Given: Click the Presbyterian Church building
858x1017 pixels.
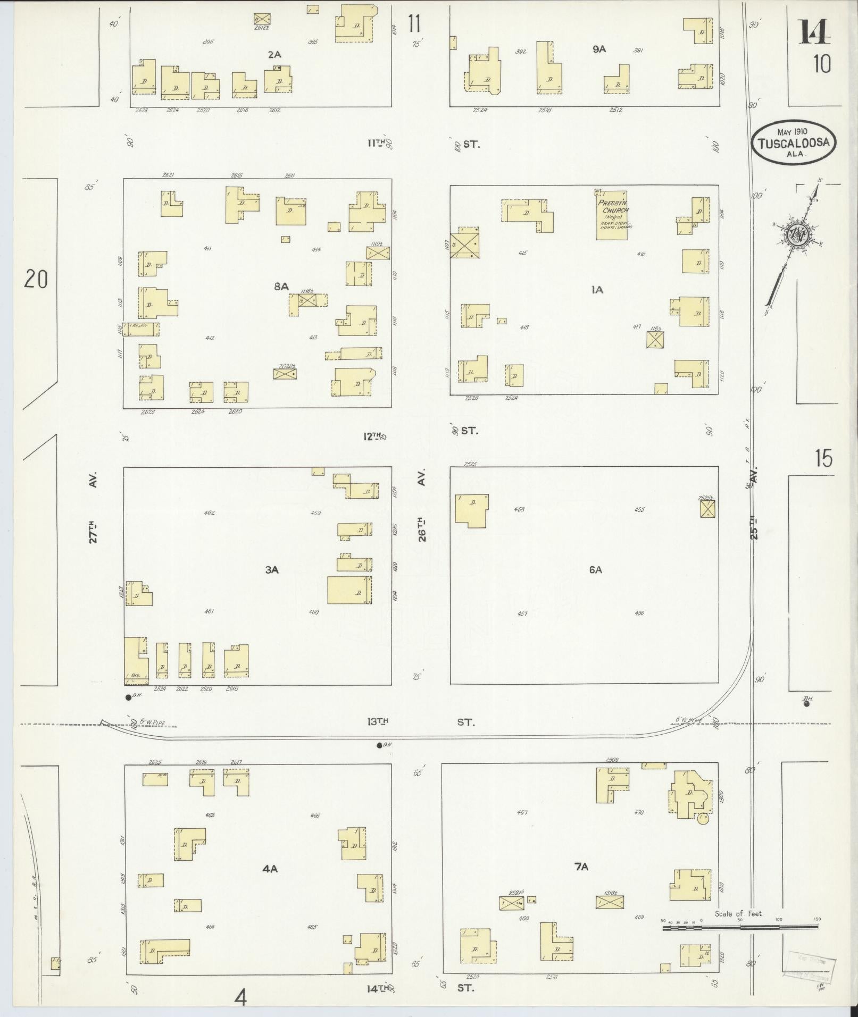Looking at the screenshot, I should click(611, 215).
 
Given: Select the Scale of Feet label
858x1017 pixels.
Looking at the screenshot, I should click(739, 913).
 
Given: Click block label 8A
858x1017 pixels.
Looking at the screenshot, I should click(281, 287).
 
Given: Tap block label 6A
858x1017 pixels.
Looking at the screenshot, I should click(595, 570).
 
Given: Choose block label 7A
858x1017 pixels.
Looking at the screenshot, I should click(581, 867).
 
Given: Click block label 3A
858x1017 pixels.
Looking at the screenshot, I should click(272, 570).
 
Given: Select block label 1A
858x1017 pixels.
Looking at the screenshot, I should click(596, 290).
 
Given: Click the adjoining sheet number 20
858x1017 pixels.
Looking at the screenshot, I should click(36, 279).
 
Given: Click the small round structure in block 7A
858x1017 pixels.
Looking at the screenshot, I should click(703, 833).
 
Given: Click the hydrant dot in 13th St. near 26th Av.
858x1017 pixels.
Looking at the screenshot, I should click(379, 745).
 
